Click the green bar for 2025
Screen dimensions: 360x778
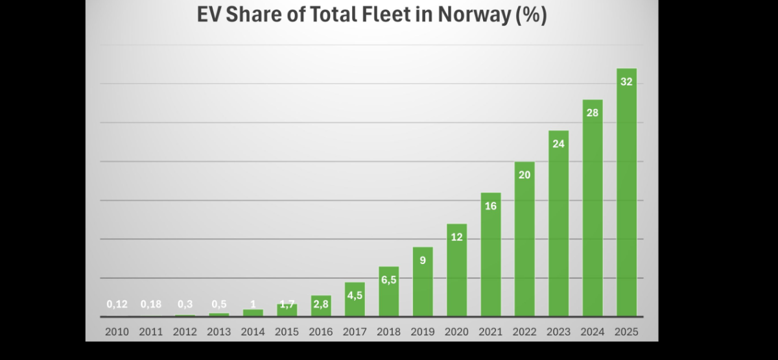click(626, 195)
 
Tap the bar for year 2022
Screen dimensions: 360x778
click(525, 240)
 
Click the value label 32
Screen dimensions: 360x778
click(626, 82)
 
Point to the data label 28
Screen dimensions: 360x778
click(593, 113)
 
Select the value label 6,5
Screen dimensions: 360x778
click(388, 280)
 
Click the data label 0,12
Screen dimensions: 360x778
click(117, 304)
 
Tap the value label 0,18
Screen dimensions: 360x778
click(151, 304)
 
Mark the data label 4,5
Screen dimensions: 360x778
click(355, 296)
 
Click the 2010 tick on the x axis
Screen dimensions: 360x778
click(117, 331)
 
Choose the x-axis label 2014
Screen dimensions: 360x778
click(253, 331)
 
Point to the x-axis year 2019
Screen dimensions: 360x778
click(423, 331)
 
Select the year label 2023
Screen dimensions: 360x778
click(558, 331)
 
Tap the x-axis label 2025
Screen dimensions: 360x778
click(626, 331)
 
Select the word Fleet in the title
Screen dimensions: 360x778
click(384, 15)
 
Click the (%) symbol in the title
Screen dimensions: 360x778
click(531, 15)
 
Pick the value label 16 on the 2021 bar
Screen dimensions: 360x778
click(491, 206)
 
